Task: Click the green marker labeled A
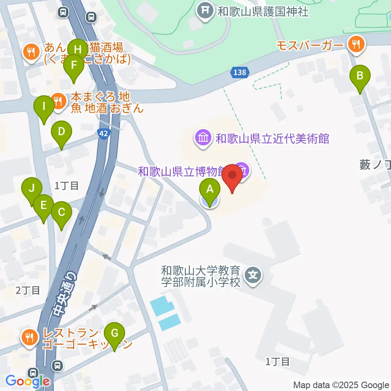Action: click(x=210, y=190)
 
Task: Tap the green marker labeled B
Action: click(x=360, y=76)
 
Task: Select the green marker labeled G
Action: click(x=114, y=334)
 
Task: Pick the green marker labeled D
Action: click(x=62, y=132)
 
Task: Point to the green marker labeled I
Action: click(x=44, y=107)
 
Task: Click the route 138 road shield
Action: click(x=240, y=72)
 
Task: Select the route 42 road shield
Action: click(x=104, y=133)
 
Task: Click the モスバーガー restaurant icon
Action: click(x=357, y=45)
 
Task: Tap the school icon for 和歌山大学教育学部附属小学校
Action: click(x=253, y=276)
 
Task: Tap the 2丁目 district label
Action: click(x=28, y=290)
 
